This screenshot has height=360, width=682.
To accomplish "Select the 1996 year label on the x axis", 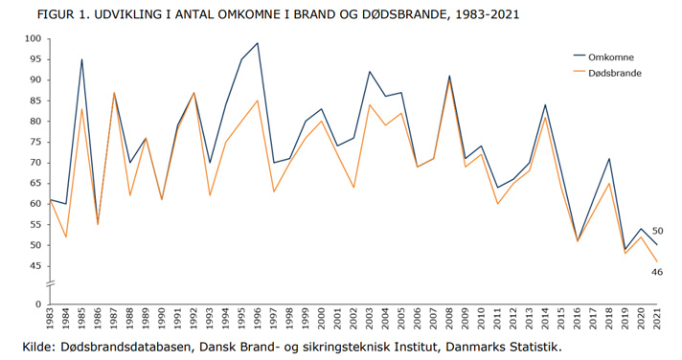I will point(258,320).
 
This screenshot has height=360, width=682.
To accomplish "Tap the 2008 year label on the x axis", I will point(448,320).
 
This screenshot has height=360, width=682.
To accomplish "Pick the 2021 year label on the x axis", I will point(655,320).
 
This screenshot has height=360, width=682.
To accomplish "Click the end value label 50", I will point(658,231).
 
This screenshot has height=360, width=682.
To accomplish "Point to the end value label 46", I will point(658,273).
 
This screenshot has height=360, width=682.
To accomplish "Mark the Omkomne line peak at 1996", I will point(258,43).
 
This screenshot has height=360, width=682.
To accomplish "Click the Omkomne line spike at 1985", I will point(82,59).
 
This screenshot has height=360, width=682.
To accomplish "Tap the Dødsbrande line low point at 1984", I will point(66,236).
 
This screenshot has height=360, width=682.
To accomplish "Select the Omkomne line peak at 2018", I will point(607,158).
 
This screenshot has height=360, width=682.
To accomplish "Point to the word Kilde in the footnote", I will point(43,346).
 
